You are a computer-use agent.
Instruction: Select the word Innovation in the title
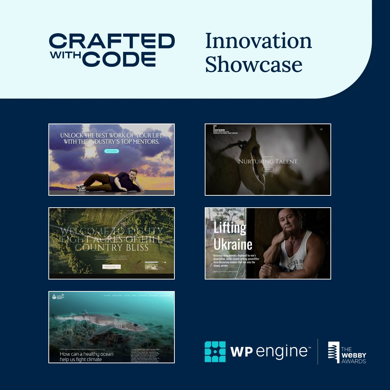259,41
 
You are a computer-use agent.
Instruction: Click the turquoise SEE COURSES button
111,151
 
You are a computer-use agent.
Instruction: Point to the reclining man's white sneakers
82,187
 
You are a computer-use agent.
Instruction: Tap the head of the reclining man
133,174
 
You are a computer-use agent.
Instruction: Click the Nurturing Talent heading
268,161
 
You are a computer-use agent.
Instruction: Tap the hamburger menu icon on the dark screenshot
321,129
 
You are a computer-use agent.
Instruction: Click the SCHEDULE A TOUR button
112,266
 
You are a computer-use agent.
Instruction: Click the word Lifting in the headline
230,228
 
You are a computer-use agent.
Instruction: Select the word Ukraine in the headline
233,244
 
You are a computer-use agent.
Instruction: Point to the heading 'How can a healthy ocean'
87,354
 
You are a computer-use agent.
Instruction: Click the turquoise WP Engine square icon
215,351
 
